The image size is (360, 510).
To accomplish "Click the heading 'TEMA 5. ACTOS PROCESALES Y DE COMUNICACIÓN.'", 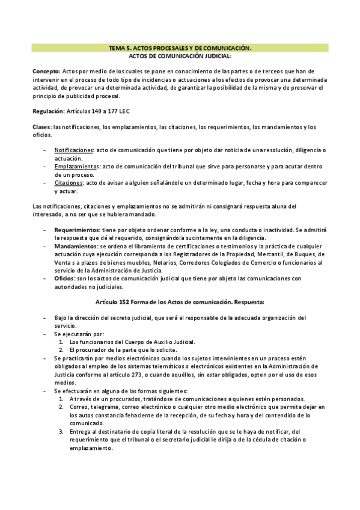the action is [x=180, y=47].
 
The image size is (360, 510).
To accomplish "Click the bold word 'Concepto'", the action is [x=46, y=71].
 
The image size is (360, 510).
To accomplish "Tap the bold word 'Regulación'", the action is [x=47, y=111].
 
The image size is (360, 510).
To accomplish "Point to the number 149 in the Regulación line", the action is [x=95, y=111].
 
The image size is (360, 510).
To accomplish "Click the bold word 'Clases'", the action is [x=41, y=127].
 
